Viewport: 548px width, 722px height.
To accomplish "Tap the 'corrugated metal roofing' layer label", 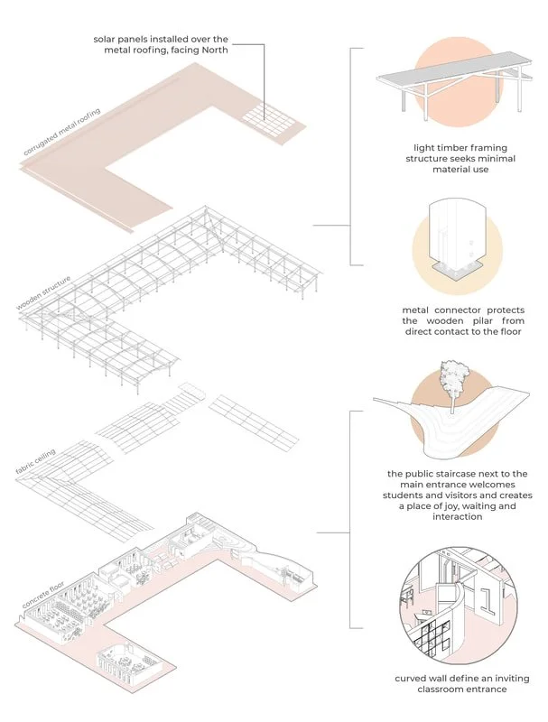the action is (62, 133).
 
